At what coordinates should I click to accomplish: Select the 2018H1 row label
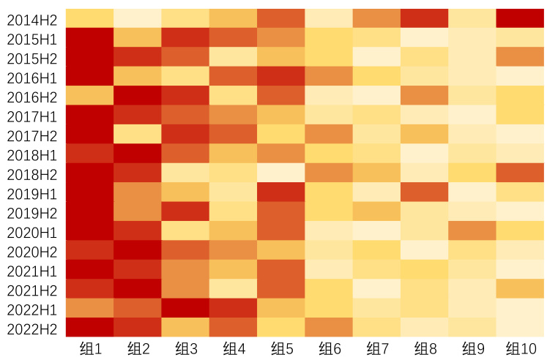32,155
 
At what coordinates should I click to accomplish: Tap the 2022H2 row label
32,329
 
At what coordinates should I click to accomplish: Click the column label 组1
89,348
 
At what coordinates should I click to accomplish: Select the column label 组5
280,348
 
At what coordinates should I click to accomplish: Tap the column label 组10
521,348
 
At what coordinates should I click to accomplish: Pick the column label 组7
376,348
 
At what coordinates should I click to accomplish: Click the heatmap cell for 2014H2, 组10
520,18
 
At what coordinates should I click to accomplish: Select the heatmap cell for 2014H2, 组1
89,18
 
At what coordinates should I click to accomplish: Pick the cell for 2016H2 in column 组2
138,95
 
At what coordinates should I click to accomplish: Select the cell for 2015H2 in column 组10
520,56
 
